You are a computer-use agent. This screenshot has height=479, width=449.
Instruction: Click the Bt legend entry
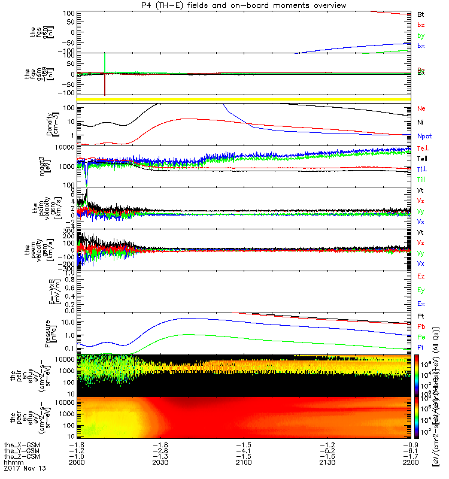(x=421, y=13)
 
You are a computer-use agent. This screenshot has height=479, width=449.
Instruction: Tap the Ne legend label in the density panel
(x=421, y=109)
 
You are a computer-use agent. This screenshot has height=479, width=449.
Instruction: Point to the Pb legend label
(x=421, y=326)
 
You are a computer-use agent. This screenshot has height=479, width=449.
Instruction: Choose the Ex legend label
(x=421, y=304)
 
